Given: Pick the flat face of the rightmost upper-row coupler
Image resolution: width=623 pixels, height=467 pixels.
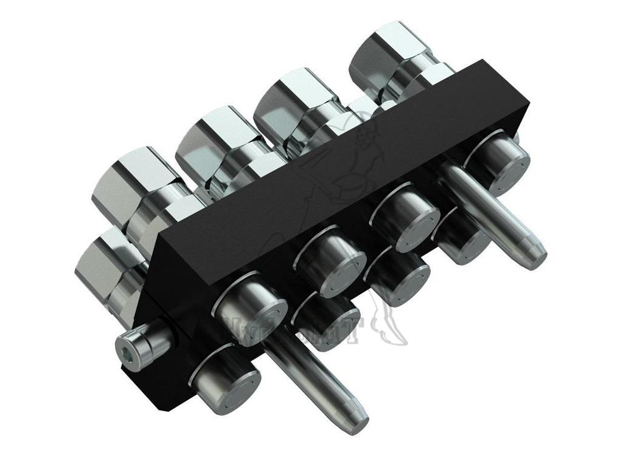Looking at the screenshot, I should tap(501, 163).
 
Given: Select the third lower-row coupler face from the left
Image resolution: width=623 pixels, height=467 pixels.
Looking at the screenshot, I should tap(399, 280).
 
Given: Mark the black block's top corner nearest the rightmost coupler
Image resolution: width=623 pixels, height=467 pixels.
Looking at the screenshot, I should tap(484, 61).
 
